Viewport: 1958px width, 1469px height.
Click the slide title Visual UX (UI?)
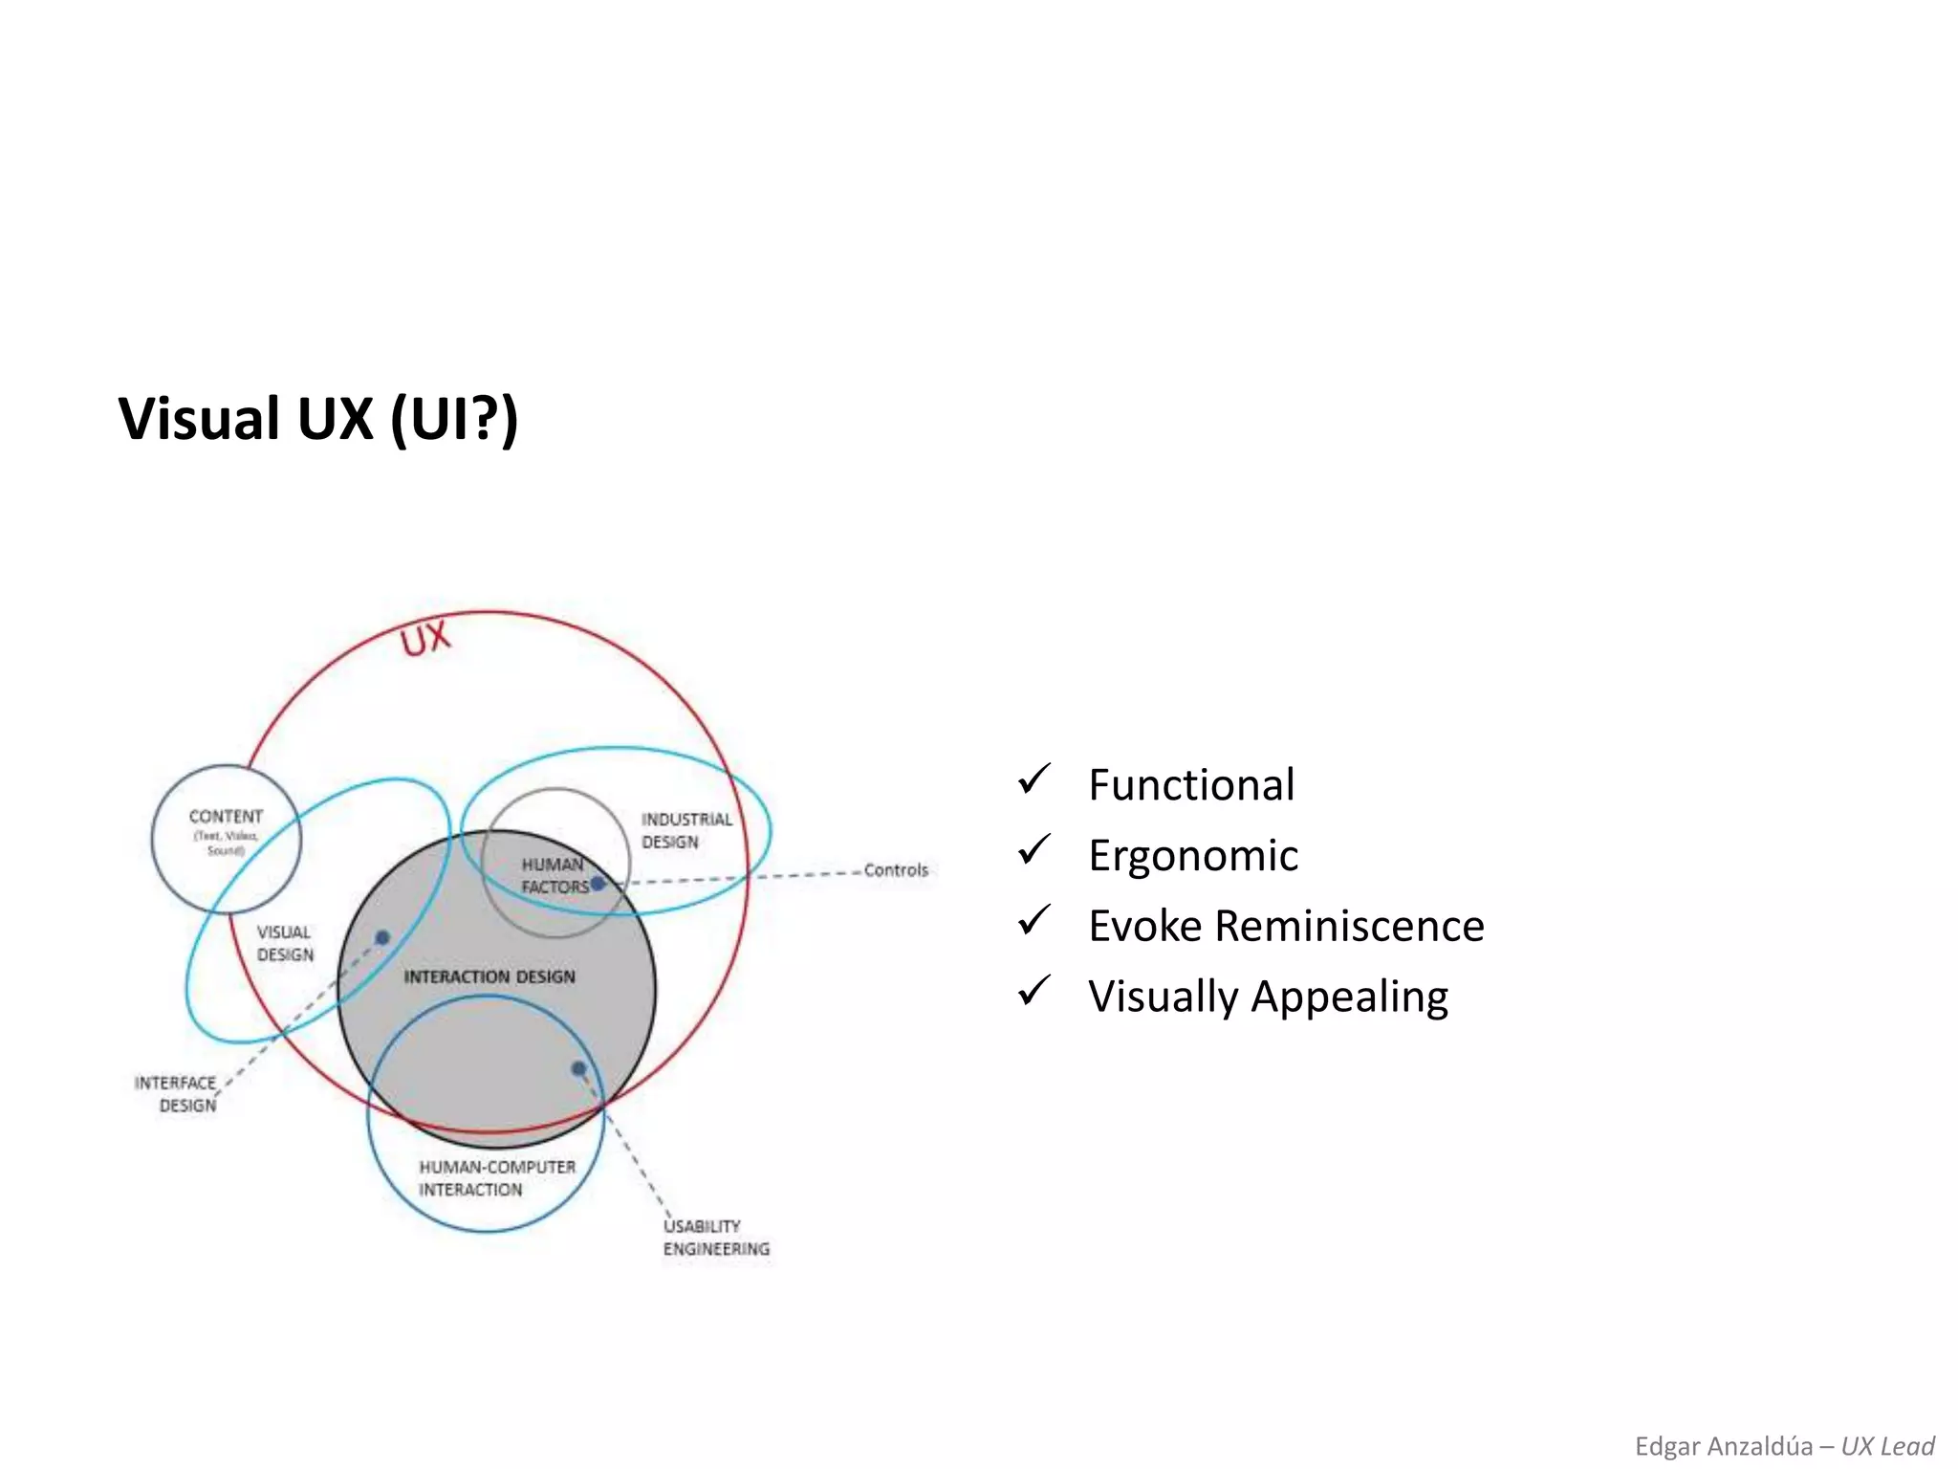pos(317,419)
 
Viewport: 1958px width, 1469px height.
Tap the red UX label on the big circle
pos(424,639)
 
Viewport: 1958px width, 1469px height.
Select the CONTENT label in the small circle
pos(226,817)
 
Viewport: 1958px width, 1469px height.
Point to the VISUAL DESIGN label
pos(285,943)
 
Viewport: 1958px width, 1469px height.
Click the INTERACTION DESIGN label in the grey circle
pos(489,976)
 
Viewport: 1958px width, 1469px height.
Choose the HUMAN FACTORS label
pos(553,875)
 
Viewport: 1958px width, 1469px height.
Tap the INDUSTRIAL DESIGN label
pos(685,830)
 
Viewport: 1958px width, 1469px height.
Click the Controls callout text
pos(896,870)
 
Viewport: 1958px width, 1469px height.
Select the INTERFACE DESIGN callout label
pos(178,1094)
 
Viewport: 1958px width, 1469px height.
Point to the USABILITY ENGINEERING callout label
pos(715,1238)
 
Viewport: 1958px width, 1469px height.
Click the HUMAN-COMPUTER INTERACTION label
pos(496,1178)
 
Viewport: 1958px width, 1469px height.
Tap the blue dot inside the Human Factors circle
pos(598,884)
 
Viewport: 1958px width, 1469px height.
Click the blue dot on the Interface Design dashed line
pos(382,937)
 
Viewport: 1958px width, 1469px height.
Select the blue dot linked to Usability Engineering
pos(578,1068)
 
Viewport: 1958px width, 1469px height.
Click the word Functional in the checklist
pos(1191,785)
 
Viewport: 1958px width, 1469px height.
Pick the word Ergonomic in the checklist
pos(1193,856)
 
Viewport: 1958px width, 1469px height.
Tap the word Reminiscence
pos(1349,926)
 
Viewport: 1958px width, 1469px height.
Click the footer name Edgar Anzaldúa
pos(1723,1446)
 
